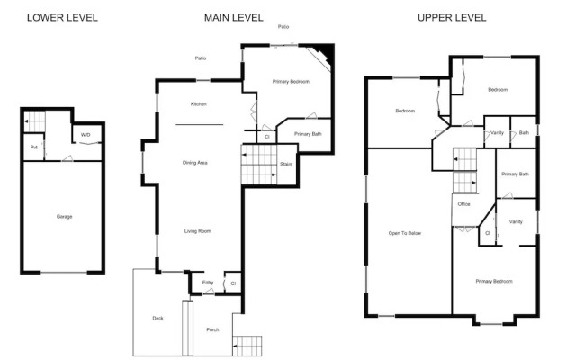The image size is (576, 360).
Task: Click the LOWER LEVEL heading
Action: tap(62, 18)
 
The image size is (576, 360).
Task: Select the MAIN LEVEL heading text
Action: tap(233, 18)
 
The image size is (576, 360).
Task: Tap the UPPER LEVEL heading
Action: tap(452, 18)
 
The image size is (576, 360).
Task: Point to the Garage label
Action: tap(64, 217)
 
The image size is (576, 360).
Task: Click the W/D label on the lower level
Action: tap(85, 135)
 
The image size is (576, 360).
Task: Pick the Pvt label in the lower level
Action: tap(33, 147)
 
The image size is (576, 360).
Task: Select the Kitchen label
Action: tap(199, 104)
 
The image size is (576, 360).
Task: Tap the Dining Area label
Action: tap(195, 163)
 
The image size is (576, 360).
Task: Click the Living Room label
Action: tap(198, 231)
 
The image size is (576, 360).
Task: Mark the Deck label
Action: tap(157, 319)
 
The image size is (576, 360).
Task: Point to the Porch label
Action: tap(212, 329)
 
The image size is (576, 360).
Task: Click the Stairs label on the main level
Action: tap(286, 164)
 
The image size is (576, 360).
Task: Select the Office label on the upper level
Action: tap(464, 204)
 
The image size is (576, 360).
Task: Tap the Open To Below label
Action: tap(405, 234)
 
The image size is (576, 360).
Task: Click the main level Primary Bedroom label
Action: tap(291, 82)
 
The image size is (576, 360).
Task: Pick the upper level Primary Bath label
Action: tap(515, 174)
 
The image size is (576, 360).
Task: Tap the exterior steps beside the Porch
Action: tap(248, 346)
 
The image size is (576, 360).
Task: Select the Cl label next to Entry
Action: tap(233, 283)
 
